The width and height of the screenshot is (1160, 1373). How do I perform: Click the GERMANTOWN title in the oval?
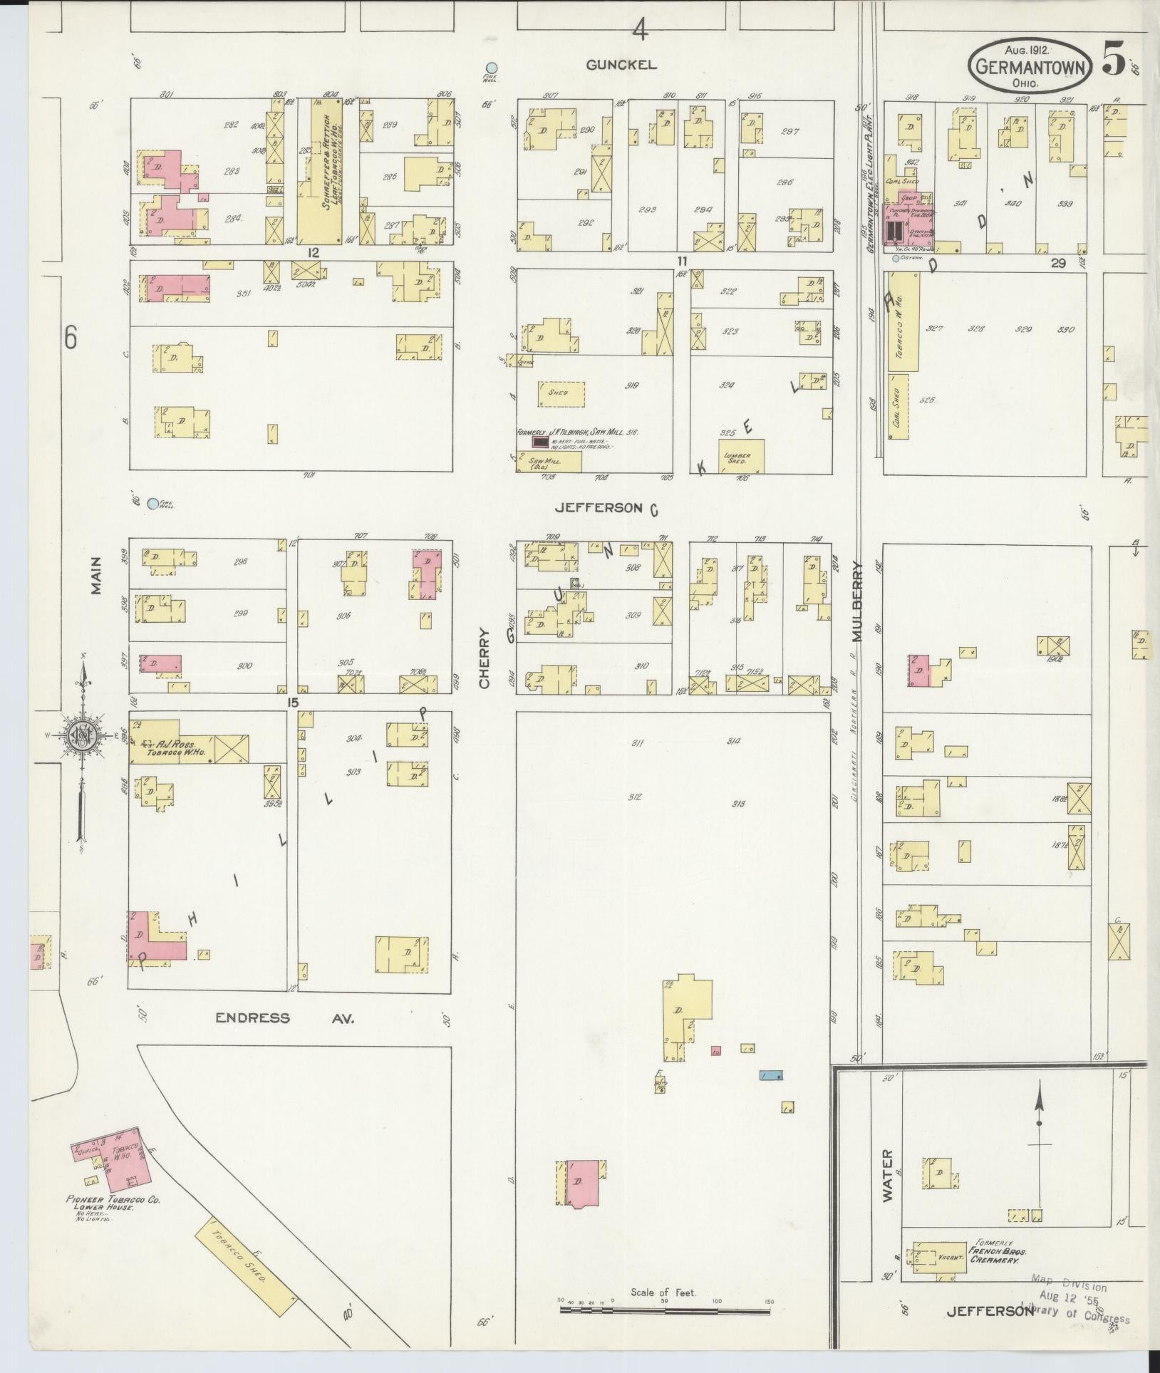(x=1030, y=68)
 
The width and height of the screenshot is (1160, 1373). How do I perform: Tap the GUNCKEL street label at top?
(x=621, y=65)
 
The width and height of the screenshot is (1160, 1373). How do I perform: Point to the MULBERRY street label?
(x=857, y=601)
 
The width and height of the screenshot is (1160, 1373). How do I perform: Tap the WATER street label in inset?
(x=888, y=1185)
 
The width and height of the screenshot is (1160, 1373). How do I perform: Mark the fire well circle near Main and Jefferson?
(x=152, y=504)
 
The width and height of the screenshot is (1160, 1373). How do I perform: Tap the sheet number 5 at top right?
(x=1114, y=58)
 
